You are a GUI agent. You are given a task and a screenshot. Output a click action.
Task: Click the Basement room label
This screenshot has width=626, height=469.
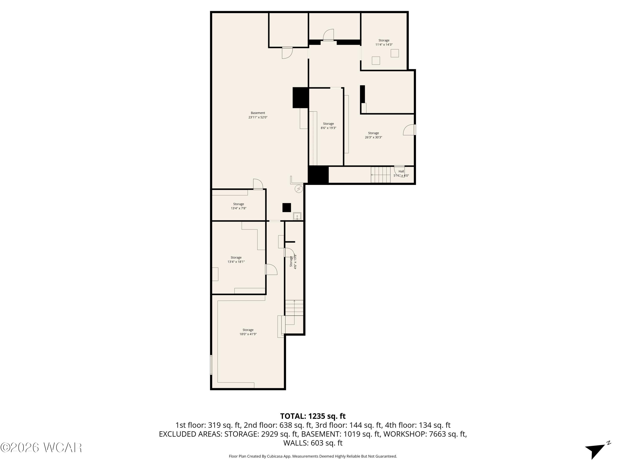pos(258,115)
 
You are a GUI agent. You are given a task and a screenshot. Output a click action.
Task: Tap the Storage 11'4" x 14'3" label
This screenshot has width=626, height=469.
pos(384,42)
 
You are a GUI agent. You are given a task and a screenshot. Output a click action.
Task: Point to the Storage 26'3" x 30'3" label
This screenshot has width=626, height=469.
pos(373,135)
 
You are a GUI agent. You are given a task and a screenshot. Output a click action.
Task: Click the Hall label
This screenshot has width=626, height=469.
pos(401,171)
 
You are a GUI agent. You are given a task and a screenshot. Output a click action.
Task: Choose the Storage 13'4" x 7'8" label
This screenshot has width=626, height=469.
pos(239,206)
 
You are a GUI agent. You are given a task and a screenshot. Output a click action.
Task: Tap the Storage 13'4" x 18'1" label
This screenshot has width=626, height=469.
pos(236,260)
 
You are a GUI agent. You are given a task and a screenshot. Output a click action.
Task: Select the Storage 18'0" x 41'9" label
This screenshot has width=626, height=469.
pos(248,332)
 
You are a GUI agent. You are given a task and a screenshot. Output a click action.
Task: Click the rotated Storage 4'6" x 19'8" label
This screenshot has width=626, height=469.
pos(293,262)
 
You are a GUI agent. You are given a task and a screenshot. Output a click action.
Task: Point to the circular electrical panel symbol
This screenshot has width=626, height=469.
pos(299,189)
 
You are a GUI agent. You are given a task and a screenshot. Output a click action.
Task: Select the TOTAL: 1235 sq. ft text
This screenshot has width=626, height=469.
pos(313,416)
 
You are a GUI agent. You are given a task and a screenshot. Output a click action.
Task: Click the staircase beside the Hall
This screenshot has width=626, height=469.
pos(381,175)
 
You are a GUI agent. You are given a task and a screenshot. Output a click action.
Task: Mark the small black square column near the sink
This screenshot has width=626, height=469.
pos(287,207)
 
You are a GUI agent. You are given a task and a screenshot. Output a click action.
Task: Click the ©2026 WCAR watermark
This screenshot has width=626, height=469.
pos(41,448)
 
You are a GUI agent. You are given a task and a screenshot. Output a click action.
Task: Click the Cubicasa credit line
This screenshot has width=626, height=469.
pos(313,456)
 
